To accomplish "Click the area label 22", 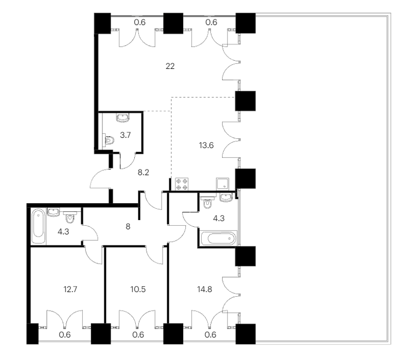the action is [x=170, y=66].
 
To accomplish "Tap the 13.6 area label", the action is [x=206, y=145].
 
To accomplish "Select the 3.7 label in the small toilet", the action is [x=125, y=135].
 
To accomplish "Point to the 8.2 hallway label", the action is [x=144, y=173].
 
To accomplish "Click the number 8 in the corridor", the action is [x=128, y=226].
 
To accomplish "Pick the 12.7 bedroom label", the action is [x=70, y=290].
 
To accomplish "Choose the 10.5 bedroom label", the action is [x=138, y=290].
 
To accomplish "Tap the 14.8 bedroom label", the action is [x=205, y=290].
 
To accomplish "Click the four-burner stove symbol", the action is [x=182, y=184].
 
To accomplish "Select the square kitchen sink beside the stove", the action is [x=223, y=184].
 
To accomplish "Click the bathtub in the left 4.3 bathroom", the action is [x=39, y=226].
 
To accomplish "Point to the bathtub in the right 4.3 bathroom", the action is [x=219, y=238].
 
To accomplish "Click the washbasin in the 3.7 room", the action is [x=122, y=117].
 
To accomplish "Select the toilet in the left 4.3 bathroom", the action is [x=70, y=217].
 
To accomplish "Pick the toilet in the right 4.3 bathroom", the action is [x=208, y=202].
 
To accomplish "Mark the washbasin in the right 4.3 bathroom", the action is [x=226, y=197].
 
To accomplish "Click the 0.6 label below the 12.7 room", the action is [x=65, y=335].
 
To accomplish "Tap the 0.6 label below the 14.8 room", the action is [x=210, y=335].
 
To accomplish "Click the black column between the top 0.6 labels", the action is [x=173, y=23].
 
